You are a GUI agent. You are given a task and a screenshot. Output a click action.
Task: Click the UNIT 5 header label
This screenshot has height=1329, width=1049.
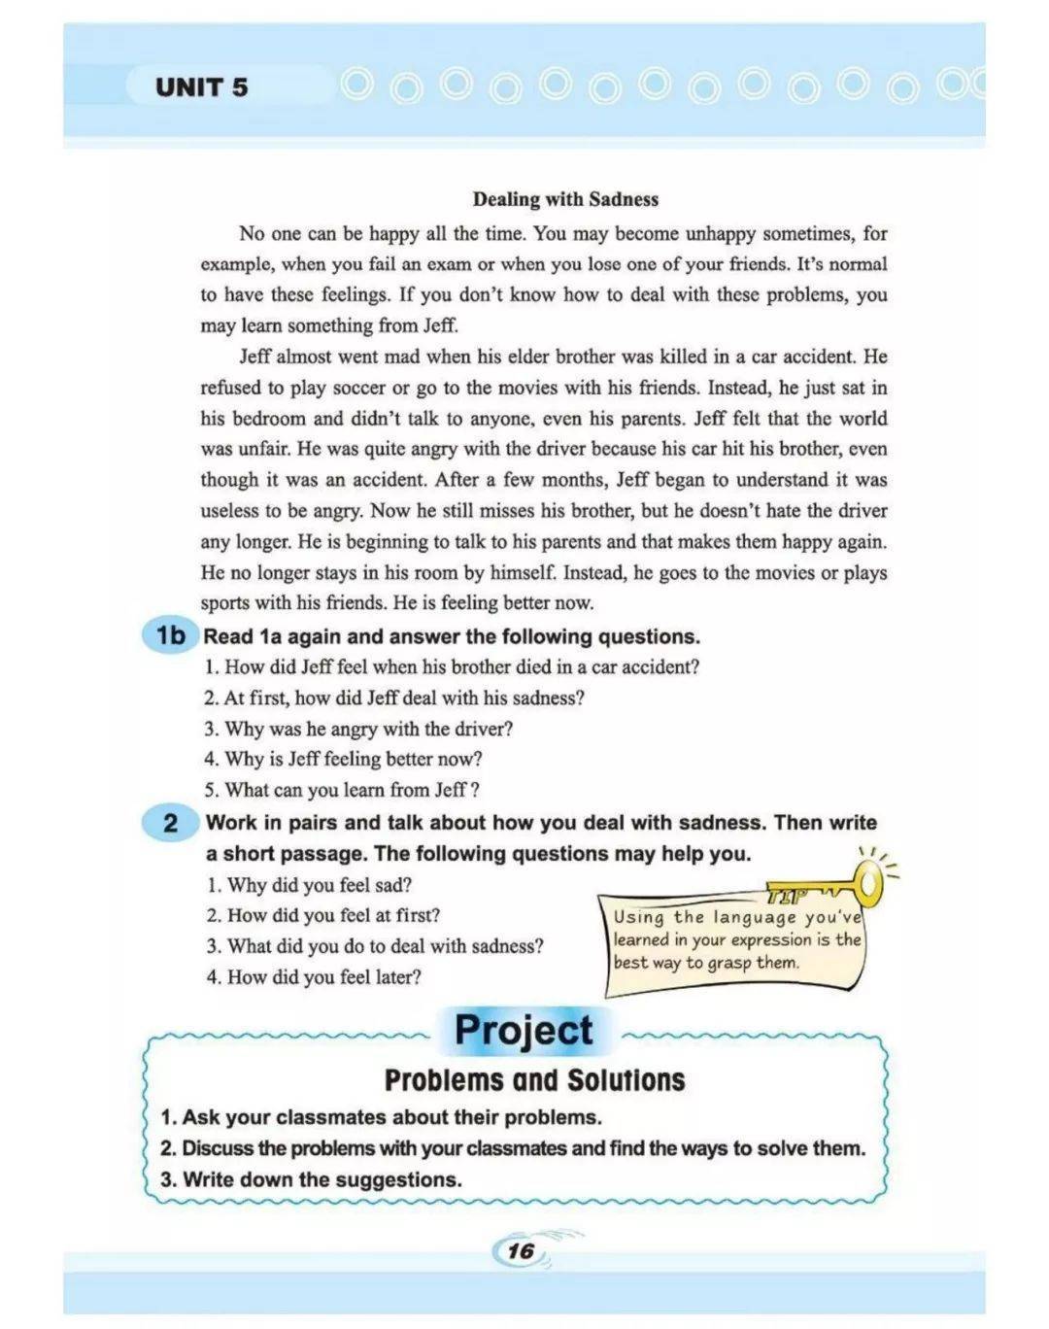click(x=201, y=87)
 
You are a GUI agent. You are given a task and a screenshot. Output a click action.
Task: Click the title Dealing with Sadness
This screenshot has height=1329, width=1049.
click(x=565, y=199)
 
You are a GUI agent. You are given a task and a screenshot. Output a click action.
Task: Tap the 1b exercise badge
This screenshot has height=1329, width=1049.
click(x=170, y=635)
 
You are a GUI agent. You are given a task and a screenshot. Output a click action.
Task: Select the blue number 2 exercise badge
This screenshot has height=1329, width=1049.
click(x=171, y=823)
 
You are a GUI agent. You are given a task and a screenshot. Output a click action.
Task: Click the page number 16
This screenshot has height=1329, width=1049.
click(x=521, y=1250)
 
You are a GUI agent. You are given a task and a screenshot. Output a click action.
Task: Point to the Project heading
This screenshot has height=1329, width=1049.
click(x=524, y=1030)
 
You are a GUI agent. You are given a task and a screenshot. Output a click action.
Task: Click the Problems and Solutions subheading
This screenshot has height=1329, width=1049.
click(x=534, y=1080)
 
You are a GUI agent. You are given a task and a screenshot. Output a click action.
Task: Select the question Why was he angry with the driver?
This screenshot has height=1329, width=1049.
click(x=358, y=729)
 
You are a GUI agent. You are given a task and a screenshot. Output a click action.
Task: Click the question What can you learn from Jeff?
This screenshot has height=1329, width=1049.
click(x=342, y=790)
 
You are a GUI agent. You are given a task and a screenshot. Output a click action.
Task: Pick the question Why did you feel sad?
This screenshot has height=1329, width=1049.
click(x=309, y=885)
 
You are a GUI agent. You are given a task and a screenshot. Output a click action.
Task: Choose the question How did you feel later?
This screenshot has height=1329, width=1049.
click(x=314, y=976)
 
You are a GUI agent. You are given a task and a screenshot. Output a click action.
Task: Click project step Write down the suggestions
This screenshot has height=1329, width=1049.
click(x=311, y=1179)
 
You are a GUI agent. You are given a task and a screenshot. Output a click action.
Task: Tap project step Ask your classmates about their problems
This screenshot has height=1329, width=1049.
click(x=381, y=1117)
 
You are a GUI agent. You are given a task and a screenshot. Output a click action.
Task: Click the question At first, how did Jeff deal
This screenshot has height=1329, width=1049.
click(x=393, y=698)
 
